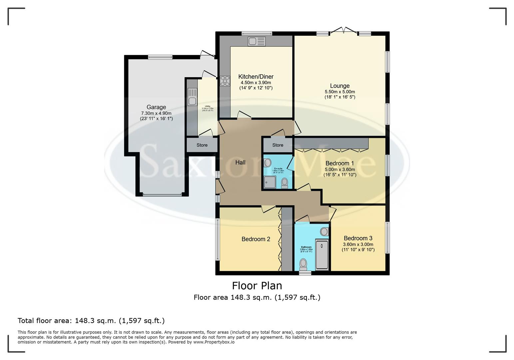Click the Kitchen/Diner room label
[256, 77]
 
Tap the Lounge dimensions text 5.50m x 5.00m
[340, 92]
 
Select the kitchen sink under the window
[256, 42]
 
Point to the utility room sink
[192, 97]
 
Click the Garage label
[156, 107]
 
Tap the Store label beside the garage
[202, 145]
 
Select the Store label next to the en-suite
[277, 145]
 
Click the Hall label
[240, 162]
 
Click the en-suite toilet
[284, 183]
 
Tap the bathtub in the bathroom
[322, 254]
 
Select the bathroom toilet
[303, 265]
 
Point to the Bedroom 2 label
[256, 239]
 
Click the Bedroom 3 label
[358, 238]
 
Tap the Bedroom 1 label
[340, 163]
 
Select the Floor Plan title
[257, 286]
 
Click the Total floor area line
[91, 321]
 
